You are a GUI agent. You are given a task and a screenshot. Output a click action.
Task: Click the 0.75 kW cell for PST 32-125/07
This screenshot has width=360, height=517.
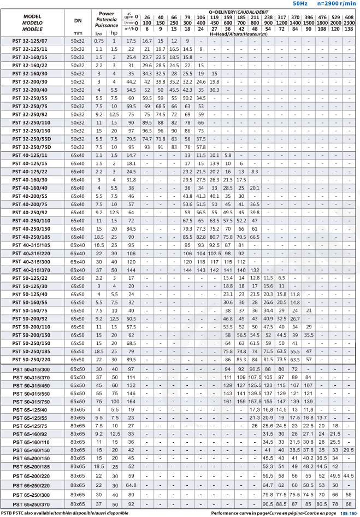[x=98, y=41]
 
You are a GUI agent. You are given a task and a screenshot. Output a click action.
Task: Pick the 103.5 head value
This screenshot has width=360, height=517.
[x=214, y=254]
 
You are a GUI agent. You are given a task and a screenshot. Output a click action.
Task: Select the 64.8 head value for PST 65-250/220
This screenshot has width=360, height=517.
[x=131, y=485]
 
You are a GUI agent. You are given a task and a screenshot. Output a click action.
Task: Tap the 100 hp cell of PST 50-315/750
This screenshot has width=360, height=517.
[x=114, y=401]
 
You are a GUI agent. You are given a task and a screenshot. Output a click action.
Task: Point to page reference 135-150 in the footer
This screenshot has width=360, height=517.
[x=349, y=514]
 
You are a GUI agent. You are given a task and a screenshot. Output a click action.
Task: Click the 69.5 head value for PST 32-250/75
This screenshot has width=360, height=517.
[x=131, y=106]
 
